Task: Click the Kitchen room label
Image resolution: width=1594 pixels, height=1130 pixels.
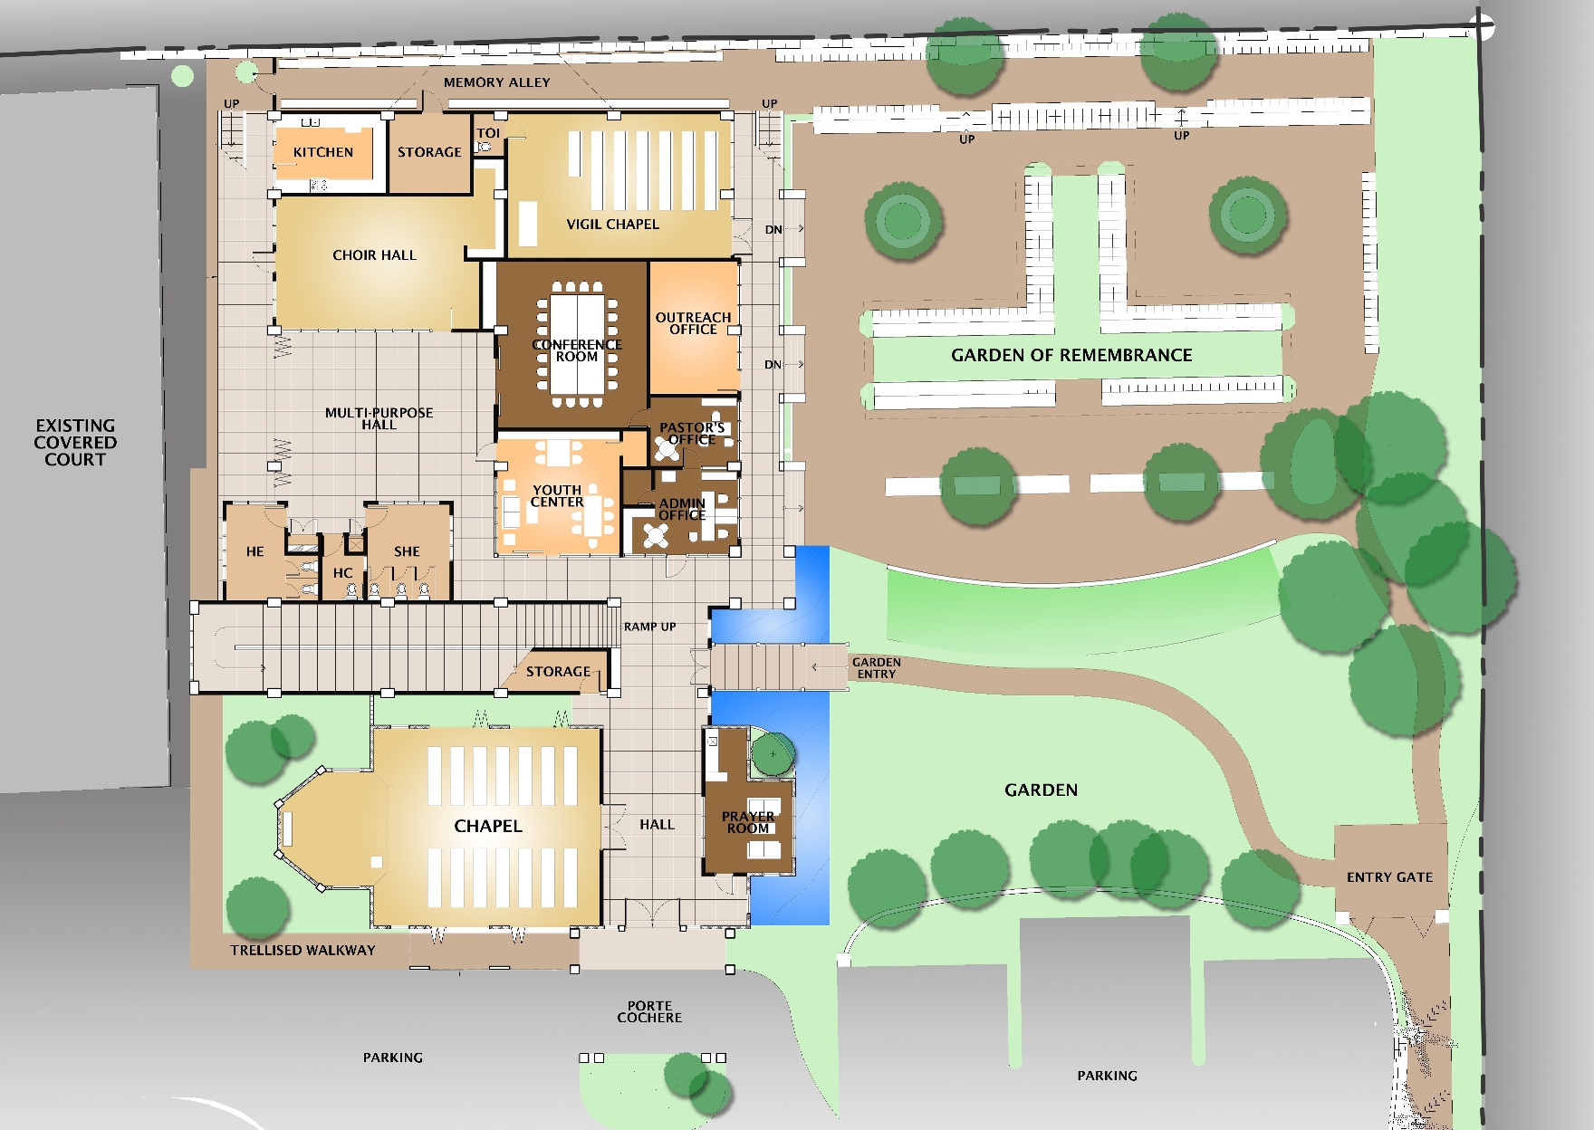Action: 323,152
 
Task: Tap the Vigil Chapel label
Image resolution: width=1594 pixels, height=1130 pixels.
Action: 613,225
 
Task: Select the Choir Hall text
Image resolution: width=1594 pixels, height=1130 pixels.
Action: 375,255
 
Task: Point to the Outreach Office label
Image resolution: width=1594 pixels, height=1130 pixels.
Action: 694,323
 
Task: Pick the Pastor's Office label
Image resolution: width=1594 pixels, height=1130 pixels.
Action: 692,434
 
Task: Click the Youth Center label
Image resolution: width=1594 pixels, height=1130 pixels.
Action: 557,496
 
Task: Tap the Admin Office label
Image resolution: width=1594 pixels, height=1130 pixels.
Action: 682,509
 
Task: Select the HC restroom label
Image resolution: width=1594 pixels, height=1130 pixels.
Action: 342,573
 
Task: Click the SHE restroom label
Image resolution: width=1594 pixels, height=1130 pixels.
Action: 407,551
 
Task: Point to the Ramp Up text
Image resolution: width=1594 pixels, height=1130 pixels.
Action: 649,627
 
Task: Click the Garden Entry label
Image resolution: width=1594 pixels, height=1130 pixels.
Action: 877,668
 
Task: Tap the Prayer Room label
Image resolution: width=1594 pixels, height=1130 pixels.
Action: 748,822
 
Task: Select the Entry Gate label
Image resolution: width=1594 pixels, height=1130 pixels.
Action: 1390,877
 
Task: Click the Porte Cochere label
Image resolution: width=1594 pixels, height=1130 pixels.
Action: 649,1011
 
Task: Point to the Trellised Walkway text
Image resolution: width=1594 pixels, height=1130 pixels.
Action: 302,950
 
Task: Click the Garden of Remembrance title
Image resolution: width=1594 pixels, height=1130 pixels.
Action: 1071,355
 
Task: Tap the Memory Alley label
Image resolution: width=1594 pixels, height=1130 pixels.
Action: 497,82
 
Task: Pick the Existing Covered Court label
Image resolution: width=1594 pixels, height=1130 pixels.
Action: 75,442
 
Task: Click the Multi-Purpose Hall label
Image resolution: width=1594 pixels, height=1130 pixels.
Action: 379,418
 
